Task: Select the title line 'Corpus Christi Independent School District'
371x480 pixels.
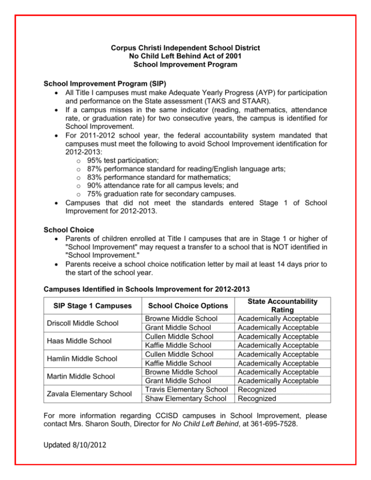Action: tap(185, 48)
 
